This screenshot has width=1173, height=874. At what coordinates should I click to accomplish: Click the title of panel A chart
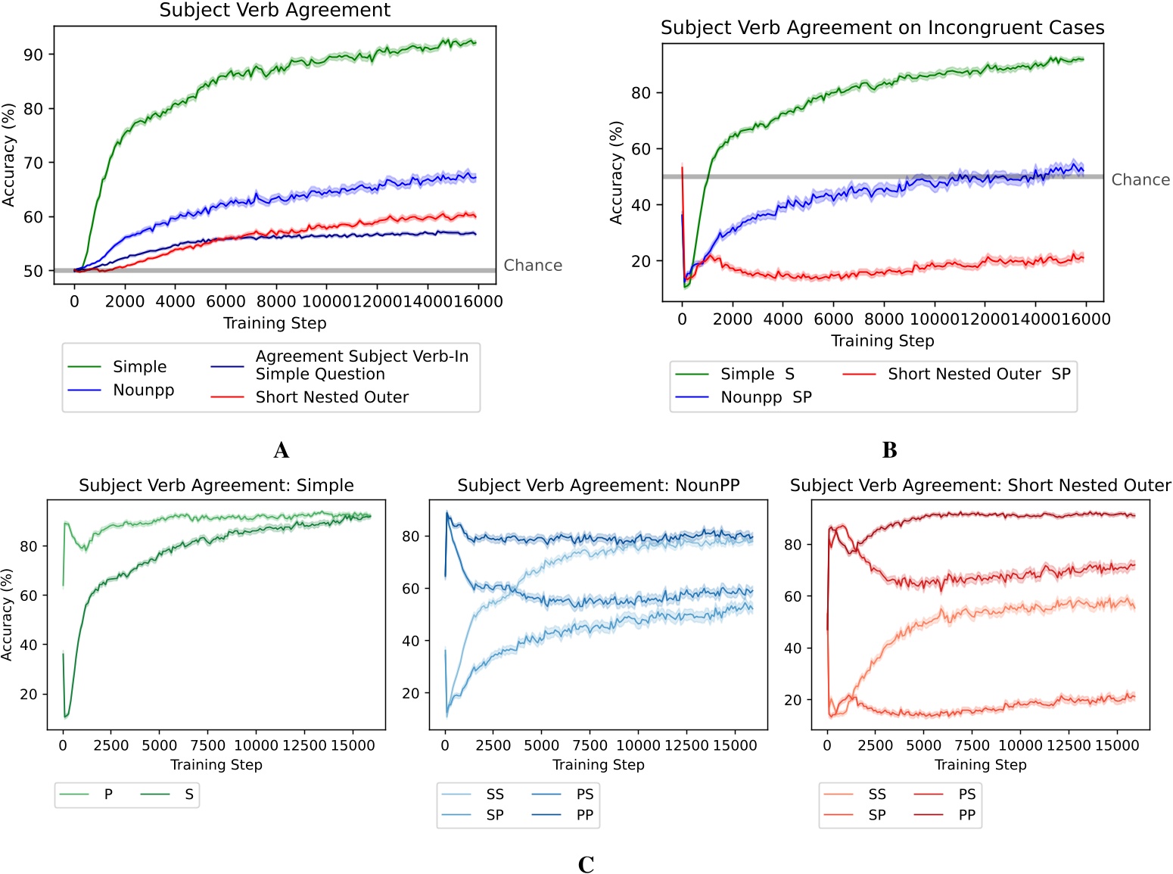point(275,11)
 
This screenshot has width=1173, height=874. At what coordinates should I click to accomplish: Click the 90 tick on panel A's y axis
point(33,54)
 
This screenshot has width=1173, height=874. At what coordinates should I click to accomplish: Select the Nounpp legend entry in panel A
point(143,390)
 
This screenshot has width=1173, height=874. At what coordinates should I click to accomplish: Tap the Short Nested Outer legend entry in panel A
point(331,397)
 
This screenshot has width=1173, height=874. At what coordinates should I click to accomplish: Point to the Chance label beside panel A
point(533,266)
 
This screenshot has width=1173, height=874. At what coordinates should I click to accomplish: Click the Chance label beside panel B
point(1140,180)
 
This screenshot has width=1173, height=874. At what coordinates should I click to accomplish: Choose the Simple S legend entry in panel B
point(757,374)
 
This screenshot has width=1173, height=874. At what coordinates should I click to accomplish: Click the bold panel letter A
point(282,451)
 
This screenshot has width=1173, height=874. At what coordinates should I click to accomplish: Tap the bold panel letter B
point(890,451)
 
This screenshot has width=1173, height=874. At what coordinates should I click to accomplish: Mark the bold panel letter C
point(586,865)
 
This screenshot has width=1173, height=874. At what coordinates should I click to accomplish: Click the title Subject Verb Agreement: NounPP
point(598,486)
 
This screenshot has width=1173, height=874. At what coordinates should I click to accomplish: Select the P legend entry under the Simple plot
point(108,795)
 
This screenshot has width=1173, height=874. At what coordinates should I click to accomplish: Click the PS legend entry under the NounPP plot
point(584,795)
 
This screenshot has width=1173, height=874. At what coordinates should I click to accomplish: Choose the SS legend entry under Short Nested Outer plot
point(877,795)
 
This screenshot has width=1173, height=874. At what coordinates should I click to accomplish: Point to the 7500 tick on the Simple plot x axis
point(208,745)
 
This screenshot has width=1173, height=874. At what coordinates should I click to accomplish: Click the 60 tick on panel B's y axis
point(641,149)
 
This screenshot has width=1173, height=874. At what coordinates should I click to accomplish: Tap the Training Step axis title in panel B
point(882,341)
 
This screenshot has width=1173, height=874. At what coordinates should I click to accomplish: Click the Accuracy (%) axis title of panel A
point(9,156)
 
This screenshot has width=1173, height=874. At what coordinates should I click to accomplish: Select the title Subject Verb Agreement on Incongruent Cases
point(882,28)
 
